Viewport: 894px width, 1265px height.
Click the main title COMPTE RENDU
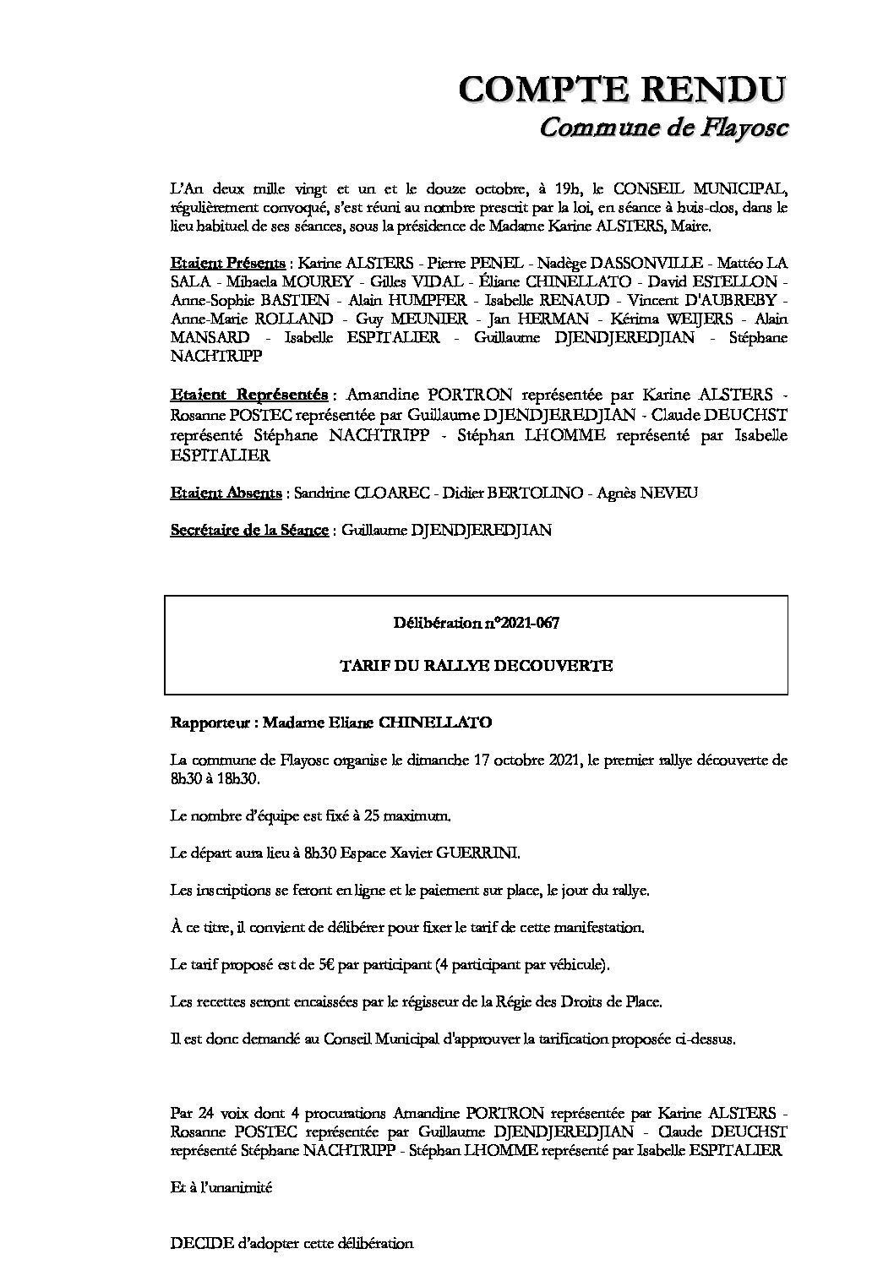pyautogui.click(x=622, y=90)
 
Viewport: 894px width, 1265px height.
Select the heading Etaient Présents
pyautogui.click(x=227, y=264)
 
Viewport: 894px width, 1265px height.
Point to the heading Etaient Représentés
pyautogui.click(x=249, y=395)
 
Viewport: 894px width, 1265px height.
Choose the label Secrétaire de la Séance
pyautogui.click(x=249, y=531)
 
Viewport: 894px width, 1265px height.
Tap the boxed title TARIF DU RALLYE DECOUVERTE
pyautogui.click(x=476, y=666)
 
